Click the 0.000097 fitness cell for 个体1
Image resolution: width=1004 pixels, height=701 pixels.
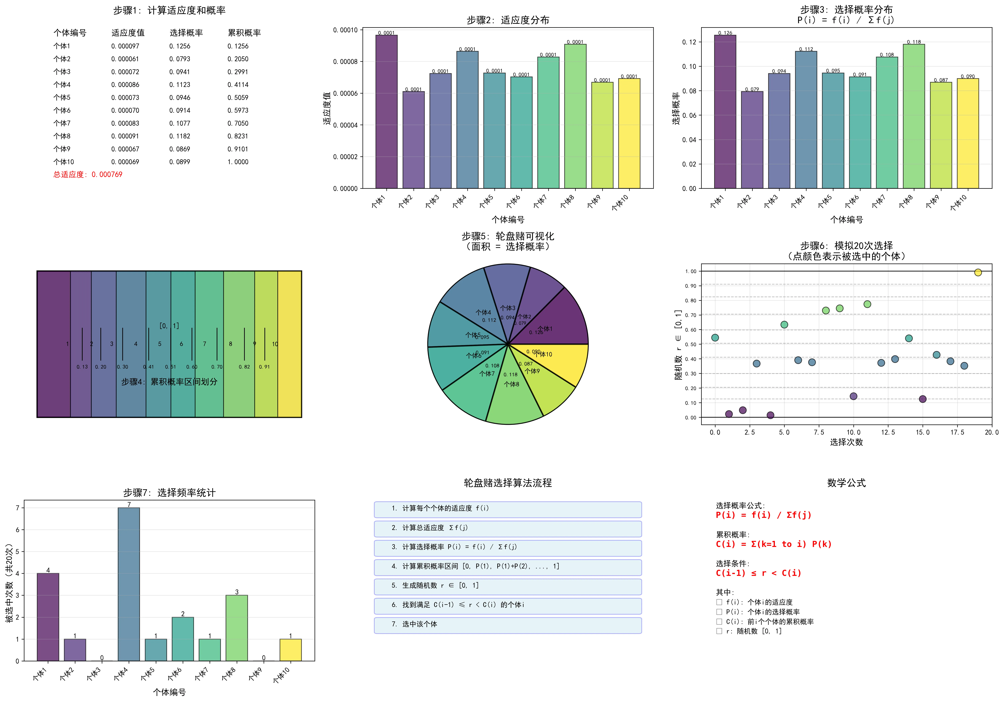click(x=125, y=46)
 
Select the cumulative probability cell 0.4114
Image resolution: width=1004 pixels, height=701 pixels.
click(x=238, y=85)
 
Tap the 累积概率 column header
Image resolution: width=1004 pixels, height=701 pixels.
click(x=244, y=33)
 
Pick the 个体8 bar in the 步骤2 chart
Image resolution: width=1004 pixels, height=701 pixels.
click(x=575, y=118)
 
